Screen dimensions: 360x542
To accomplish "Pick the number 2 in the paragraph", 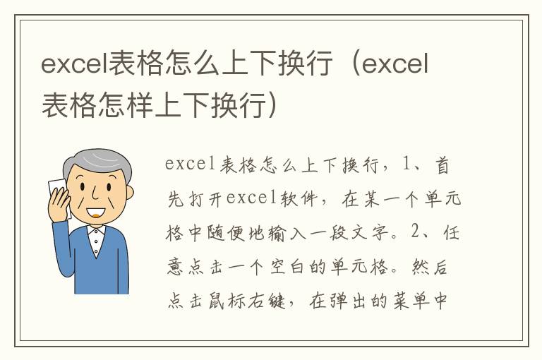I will [x=414, y=234].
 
